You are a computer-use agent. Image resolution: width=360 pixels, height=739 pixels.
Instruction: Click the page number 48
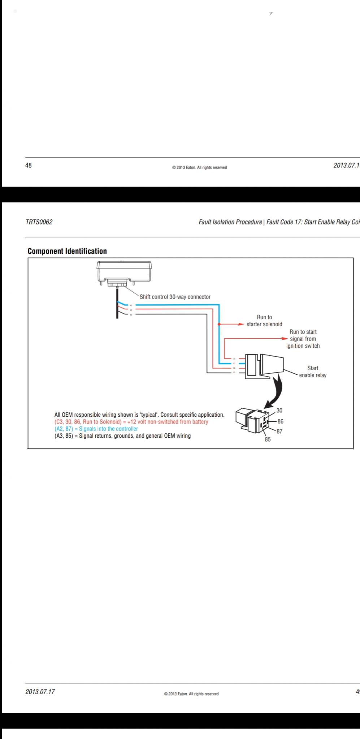click(29, 165)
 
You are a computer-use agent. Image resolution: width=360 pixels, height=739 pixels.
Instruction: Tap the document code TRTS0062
click(39, 222)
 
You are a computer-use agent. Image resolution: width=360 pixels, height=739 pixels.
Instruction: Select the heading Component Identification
click(67, 251)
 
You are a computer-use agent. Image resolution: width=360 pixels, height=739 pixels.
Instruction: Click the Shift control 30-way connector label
click(175, 297)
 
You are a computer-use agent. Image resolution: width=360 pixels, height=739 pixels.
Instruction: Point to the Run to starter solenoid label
click(264, 321)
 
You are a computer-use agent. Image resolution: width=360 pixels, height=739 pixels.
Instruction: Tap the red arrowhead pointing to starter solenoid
click(241, 324)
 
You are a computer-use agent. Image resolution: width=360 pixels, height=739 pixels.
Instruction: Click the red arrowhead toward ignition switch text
click(284, 339)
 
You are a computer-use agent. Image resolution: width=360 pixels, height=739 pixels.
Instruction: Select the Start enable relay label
click(313, 372)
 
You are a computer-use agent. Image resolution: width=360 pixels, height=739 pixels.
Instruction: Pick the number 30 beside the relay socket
click(279, 411)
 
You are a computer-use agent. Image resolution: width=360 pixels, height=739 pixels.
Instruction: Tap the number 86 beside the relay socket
click(281, 421)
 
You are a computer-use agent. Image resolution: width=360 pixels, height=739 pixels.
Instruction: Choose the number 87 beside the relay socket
click(279, 431)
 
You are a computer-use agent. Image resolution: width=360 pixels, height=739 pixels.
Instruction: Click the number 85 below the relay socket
click(268, 440)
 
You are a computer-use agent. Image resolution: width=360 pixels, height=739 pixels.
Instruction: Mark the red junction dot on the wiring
click(219, 324)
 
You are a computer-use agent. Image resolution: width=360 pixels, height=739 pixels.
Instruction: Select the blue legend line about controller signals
click(96, 429)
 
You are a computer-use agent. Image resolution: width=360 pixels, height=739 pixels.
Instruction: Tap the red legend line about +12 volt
click(131, 422)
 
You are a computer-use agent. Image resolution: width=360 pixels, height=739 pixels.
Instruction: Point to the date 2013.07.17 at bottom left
click(40, 692)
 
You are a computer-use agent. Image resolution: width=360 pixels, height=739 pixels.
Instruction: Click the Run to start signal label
click(303, 339)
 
